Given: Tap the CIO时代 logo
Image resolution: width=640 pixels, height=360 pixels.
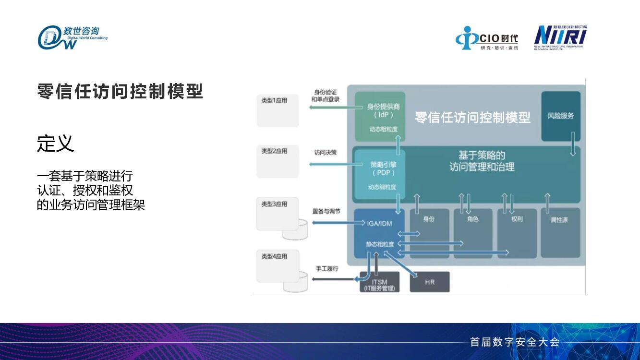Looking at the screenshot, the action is coord(487,38).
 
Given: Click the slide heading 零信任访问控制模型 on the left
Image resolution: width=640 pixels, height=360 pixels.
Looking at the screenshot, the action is coord(120,91).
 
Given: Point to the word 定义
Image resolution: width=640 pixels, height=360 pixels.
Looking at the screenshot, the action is coord(56,143).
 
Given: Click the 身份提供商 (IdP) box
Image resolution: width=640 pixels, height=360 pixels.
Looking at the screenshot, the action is coord(380,116).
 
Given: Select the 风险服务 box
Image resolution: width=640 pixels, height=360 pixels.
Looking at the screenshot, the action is coord(561,116).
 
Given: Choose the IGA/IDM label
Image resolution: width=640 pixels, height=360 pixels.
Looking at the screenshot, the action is coord(380,223).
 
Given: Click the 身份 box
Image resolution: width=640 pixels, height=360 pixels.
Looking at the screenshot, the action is coord(429,233).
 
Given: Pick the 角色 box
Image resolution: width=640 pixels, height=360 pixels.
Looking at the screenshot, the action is coord(473,233).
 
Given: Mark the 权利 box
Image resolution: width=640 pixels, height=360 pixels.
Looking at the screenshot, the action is coord(517,233).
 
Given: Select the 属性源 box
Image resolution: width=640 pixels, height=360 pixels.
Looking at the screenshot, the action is coord(560,233).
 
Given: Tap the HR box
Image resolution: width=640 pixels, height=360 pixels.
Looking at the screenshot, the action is coord(430,282).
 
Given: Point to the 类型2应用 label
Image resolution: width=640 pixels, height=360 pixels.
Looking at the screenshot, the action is coord(274,151).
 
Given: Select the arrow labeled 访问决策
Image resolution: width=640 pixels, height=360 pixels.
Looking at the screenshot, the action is coord(331,165).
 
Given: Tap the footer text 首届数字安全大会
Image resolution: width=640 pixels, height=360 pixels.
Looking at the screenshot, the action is coord(515,342).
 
